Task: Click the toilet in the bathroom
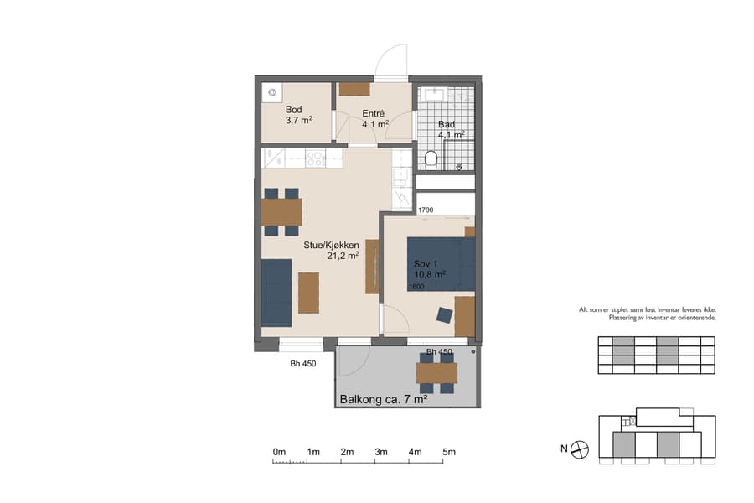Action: [x=431, y=158]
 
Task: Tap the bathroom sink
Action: [x=434, y=94]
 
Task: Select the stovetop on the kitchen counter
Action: [x=316, y=157]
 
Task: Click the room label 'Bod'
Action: [x=293, y=110]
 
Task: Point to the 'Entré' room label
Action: [x=373, y=113]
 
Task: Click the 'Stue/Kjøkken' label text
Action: [x=331, y=245]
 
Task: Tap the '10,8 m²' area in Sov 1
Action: [x=429, y=274]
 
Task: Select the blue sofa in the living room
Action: [x=276, y=292]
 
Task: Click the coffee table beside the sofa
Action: [x=308, y=293]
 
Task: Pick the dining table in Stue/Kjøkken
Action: [x=281, y=212]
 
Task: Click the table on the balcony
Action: [x=436, y=372]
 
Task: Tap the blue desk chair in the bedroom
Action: [x=444, y=315]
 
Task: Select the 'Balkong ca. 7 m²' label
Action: [x=383, y=400]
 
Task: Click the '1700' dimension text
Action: [x=426, y=210]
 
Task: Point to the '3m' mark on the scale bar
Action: [x=381, y=452]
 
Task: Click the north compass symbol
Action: [x=581, y=450]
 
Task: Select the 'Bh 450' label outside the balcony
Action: [x=302, y=363]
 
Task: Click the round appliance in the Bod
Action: [x=272, y=93]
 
